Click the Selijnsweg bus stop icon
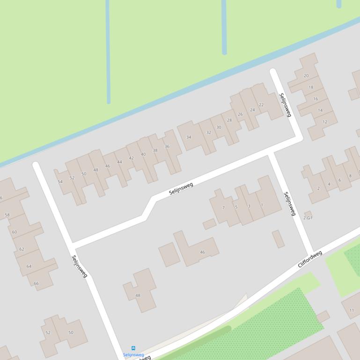click(133, 348)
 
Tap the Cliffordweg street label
click(310, 259)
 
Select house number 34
click(189, 137)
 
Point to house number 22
click(261, 105)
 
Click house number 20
click(306, 75)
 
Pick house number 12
click(325, 122)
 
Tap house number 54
click(60, 182)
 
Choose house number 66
click(36, 283)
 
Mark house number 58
click(7, 215)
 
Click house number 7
click(223, 208)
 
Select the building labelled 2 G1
click(308, 217)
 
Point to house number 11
click(352, 310)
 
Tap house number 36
click(167, 146)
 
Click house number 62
click(22, 249)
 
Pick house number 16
click(316, 99)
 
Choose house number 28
click(229, 120)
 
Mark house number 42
click(131, 158)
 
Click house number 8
click(350, 176)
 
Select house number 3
click(249, 206)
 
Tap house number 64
click(29, 266)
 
